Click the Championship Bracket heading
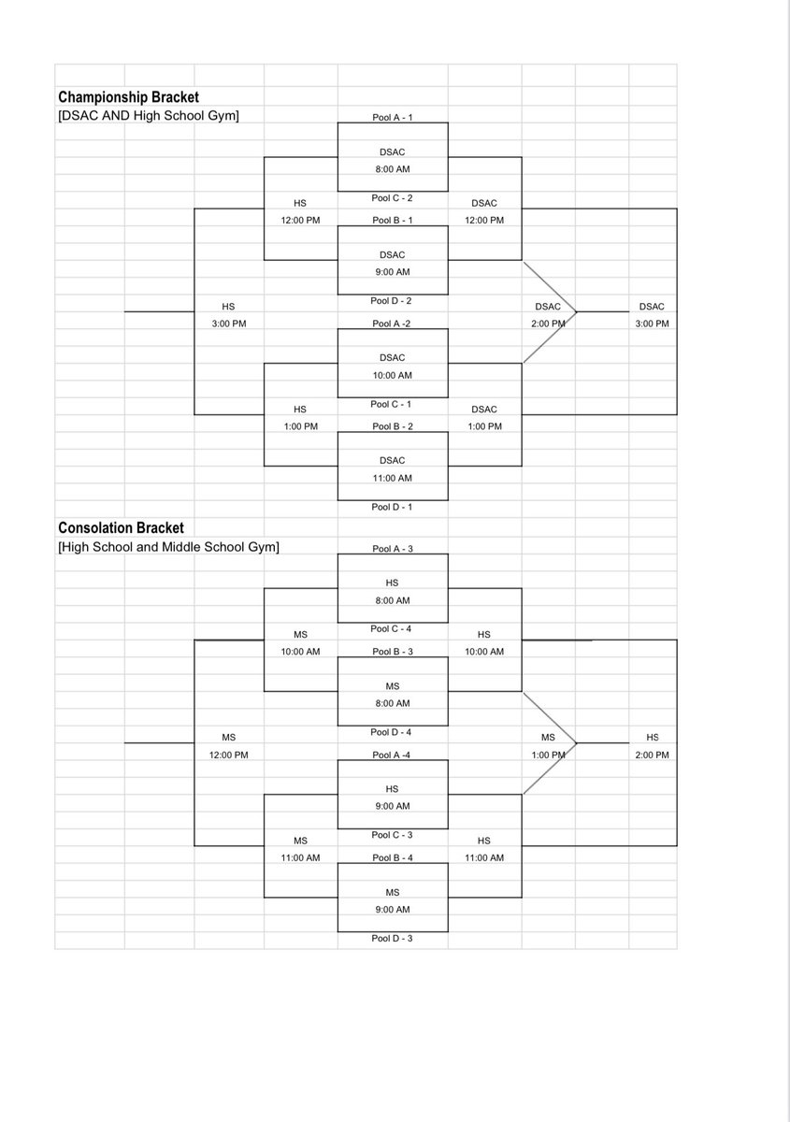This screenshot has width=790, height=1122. point(128,97)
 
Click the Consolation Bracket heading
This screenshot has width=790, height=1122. point(121,528)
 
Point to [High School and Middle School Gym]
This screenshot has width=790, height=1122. point(168,547)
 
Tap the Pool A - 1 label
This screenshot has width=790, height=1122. point(393,118)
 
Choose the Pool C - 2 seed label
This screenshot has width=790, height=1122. point(393,198)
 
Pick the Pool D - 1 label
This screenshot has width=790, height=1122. point(393,507)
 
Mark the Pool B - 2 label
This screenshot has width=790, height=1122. point(393,426)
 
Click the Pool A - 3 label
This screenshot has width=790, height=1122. point(393,549)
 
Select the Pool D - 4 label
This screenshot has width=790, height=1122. point(393,732)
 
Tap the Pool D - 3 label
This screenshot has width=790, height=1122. point(393,938)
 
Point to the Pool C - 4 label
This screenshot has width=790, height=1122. point(393,629)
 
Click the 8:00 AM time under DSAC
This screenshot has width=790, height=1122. point(393,169)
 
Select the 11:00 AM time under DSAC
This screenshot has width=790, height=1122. point(393,478)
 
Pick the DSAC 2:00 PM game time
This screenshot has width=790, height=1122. point(548,324)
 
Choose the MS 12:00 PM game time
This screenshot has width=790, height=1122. point(228,755)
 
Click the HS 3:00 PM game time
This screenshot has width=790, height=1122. point(228,324)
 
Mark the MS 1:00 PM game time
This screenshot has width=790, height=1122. point(548,755)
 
